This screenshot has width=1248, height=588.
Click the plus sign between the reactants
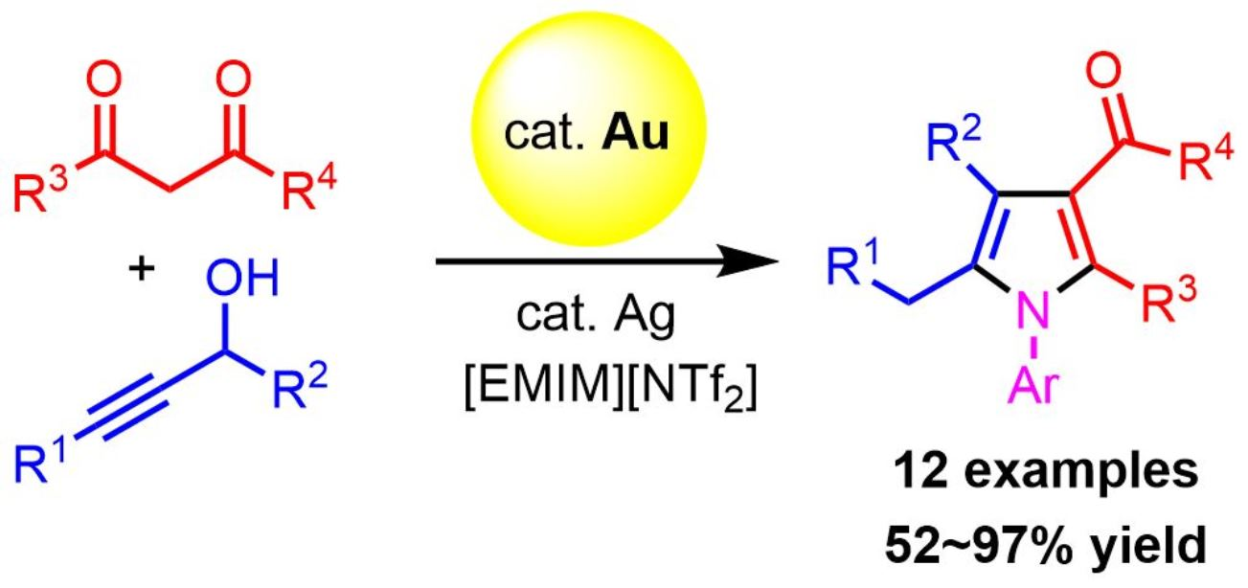(x=142, y=270)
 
